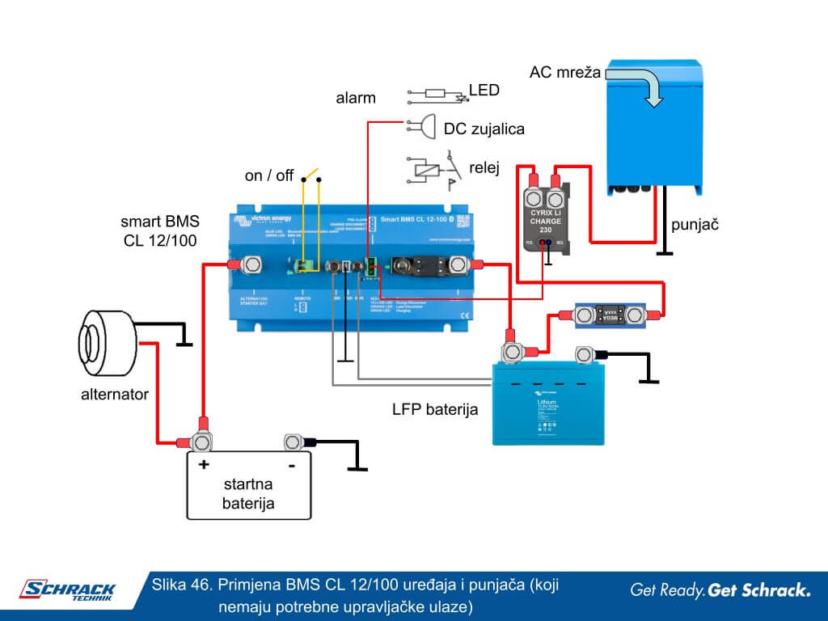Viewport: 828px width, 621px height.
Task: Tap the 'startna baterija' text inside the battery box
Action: click(248, 494)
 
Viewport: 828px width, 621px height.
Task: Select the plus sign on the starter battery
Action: click(203, 465)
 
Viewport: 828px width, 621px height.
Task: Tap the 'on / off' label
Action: click(269, 175)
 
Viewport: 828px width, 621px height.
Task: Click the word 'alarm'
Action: click(356, 99)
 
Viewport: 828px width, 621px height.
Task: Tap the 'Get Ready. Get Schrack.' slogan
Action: click(720, 590)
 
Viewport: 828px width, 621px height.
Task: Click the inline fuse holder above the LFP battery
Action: click(608, 314)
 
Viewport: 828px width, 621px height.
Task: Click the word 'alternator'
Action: click(115, 395)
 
